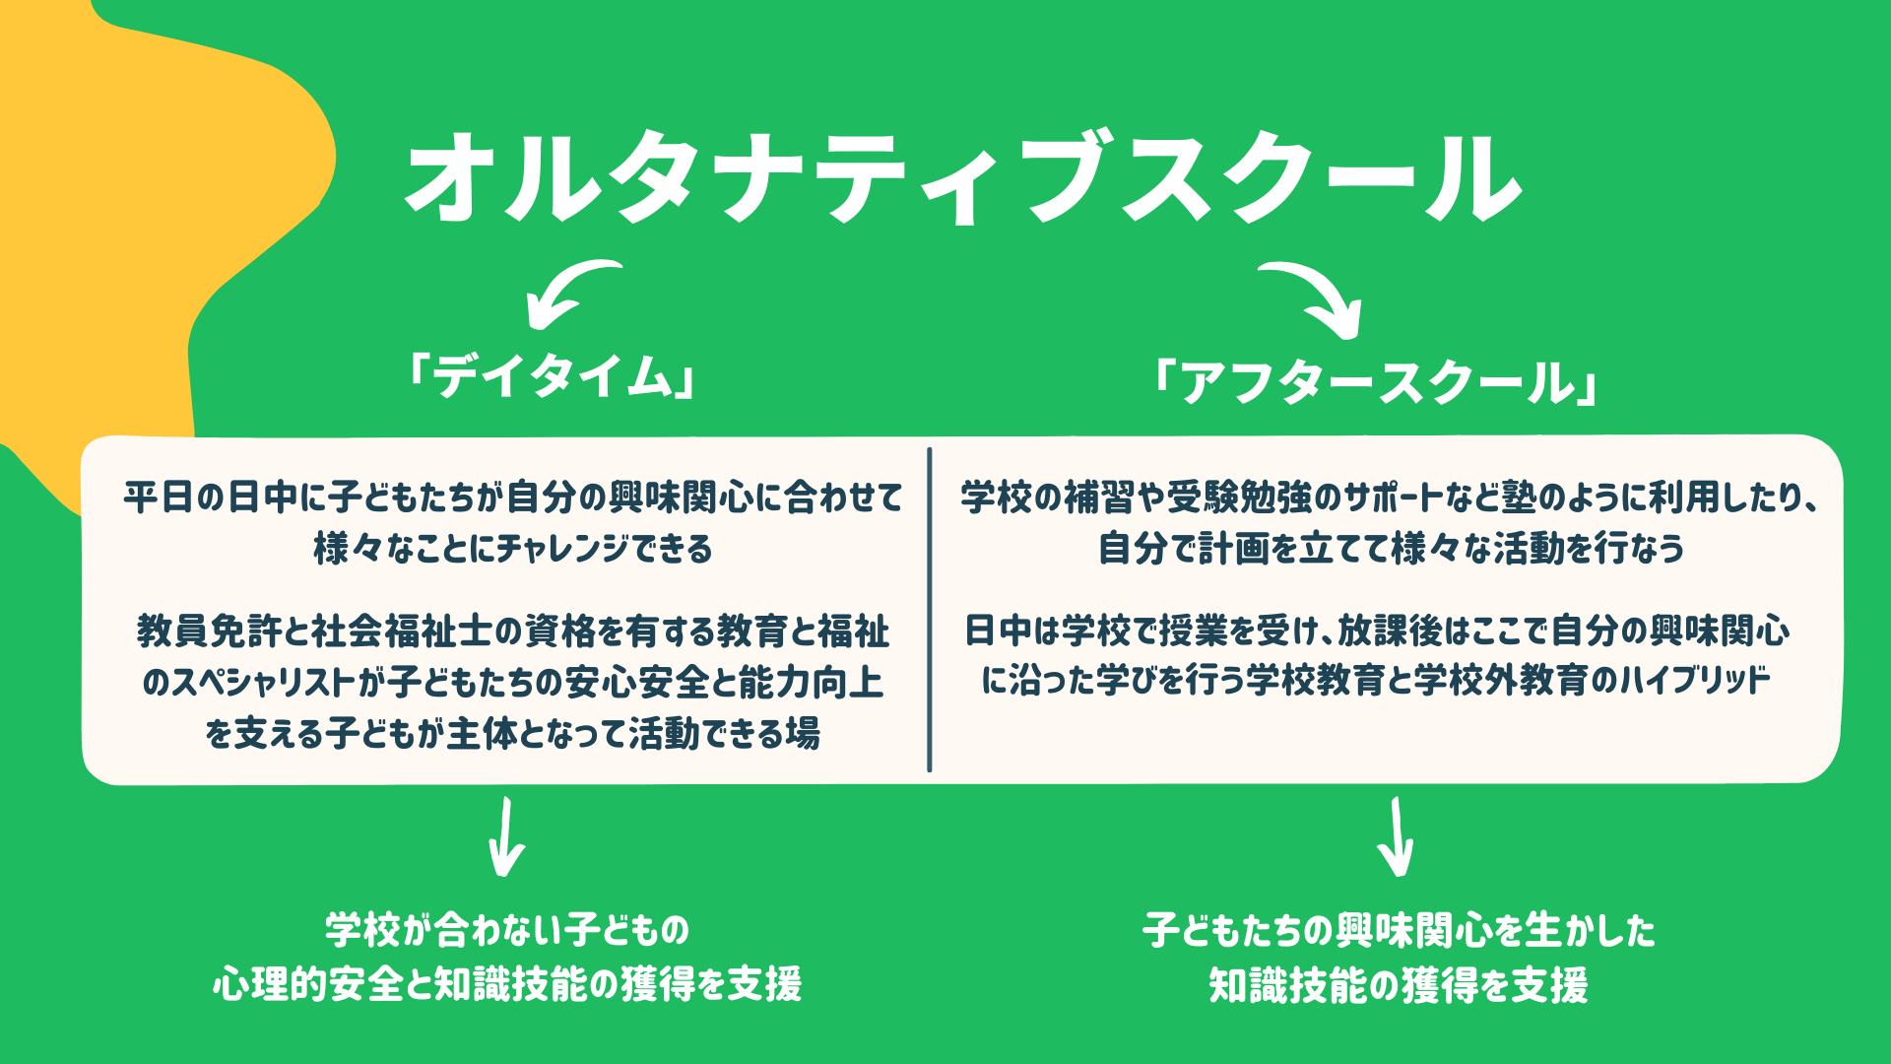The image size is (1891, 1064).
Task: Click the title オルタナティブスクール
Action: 963,177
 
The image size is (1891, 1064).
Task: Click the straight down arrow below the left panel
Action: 506,837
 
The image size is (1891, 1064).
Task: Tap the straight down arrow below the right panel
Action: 1397,837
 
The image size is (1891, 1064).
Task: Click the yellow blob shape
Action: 148,197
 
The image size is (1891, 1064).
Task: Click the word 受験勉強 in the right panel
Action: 1240,498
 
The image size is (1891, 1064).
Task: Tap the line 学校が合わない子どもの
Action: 507,929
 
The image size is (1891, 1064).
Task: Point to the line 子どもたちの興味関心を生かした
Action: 1399,930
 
